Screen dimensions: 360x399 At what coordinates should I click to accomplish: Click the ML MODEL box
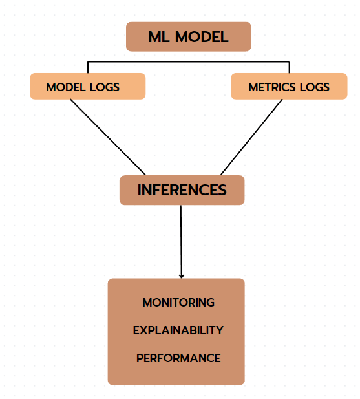coord(188,37)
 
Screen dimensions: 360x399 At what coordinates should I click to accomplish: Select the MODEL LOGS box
coord(88,86)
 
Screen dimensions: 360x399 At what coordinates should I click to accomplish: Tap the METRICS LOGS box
coord(289,86)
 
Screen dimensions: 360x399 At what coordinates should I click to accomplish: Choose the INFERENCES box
coord(182,190)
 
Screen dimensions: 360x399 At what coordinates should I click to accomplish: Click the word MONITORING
coord(178,303)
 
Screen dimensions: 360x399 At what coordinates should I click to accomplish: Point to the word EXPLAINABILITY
coord(178,330)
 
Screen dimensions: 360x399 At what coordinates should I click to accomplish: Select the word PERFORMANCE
coord(178,358)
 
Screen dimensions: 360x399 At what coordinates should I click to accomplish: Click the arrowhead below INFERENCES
coord(181,276)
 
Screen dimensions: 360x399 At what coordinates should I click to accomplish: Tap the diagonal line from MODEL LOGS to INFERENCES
coord(107,137)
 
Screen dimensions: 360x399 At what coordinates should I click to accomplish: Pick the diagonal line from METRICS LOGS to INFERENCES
coord(251,137)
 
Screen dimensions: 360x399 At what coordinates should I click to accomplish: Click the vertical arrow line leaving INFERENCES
coord(181,242)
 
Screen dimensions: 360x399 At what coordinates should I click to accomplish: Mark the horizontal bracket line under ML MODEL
coord(188,61)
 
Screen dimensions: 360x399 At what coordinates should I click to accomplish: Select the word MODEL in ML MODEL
coord(202,37)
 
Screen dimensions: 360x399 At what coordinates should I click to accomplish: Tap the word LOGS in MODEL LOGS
coord(105,87)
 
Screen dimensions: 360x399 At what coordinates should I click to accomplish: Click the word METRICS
coord(272,87)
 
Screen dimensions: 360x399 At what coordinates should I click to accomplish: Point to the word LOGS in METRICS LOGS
coord(315,87)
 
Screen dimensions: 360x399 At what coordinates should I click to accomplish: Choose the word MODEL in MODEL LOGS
coord(66,87)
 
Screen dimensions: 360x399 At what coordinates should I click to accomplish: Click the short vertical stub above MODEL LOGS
coord(88,67)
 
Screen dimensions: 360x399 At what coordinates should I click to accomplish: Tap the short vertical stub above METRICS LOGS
coord(290,67)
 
